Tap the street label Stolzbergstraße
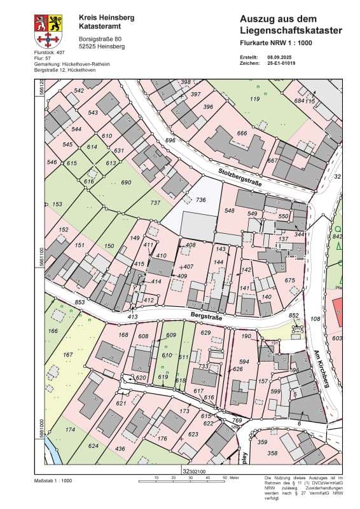coord(221,173)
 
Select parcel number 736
coord(201,200)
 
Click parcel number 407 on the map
coord(188,267)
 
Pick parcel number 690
coord(126,182)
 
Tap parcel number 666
coord(242,133)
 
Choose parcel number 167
coord(68,355)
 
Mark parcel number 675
coord(290,280)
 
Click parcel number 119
coord(255,99)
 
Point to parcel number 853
coord(62,302)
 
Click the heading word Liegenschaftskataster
coord(291,31)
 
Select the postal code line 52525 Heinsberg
coord(102,46)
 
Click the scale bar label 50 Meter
coord(231,476)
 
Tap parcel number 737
coord(155,203)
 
